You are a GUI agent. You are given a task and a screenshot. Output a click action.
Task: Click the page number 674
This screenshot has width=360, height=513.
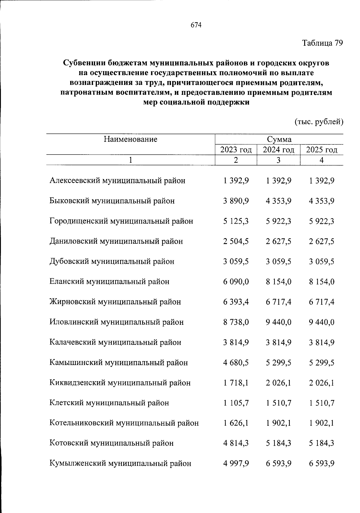pos(196,26)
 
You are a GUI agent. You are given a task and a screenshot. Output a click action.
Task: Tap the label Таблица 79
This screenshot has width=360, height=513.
pos(322,43)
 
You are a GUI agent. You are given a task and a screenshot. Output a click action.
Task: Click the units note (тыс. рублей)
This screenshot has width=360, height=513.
pos(319,122)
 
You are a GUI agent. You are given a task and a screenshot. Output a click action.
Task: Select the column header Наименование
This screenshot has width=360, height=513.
pos(130,139)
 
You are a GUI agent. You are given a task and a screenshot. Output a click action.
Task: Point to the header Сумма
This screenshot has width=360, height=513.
pos(279,139)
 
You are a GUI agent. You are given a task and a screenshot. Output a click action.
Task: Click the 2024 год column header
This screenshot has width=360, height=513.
pos(278,150)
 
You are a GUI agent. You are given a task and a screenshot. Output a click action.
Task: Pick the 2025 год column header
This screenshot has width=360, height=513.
pos(322,150)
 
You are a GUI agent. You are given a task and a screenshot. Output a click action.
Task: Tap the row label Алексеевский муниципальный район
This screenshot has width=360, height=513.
pos(117,181)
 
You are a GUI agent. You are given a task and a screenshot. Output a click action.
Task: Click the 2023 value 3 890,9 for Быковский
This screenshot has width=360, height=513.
pos(236,201)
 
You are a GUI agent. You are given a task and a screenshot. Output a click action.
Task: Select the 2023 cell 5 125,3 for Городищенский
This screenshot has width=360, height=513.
pos(236,221)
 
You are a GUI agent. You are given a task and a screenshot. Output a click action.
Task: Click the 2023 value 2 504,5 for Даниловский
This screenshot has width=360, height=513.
pos(236,241)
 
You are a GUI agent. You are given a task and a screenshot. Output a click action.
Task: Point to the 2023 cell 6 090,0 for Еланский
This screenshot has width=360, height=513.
pos(236,282)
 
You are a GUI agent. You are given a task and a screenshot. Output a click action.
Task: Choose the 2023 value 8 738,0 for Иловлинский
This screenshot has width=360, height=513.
pos(236,322)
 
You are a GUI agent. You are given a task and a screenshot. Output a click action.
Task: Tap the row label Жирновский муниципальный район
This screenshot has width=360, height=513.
pos(115,302)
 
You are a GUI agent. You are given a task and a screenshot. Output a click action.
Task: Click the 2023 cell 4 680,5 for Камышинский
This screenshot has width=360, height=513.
pos(236,363)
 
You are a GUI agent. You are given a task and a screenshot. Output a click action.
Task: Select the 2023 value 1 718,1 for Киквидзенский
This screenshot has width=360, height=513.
pos(236,383)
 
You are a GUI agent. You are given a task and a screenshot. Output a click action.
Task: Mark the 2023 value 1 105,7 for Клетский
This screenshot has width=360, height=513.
pos(236,403)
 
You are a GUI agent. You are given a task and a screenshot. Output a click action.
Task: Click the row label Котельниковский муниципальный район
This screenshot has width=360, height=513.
pos(124,423)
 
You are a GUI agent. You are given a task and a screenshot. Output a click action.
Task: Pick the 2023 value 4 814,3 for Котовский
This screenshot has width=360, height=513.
pos(236,443)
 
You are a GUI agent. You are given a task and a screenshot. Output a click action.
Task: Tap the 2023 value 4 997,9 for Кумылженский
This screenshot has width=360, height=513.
pos(236,463)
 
